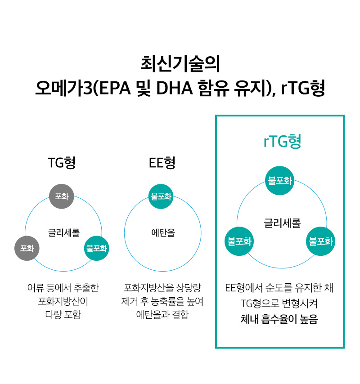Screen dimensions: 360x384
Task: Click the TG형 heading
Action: [62, 163]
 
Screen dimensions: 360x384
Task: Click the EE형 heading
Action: [162, 163]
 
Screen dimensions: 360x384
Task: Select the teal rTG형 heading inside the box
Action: [282, 141]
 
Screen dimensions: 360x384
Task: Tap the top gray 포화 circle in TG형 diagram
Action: [62, 196]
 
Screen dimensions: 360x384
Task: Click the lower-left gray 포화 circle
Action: [27, 248]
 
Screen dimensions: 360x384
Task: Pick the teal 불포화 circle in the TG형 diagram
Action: [97, 248]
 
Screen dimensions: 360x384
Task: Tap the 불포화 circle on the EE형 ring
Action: [161, 196]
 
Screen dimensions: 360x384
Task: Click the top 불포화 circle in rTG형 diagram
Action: [279, 181]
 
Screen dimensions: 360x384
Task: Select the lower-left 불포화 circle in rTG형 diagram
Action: [239, 241]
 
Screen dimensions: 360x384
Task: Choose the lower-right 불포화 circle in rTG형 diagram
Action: [320, 241]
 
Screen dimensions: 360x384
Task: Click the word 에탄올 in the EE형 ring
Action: [163, 232]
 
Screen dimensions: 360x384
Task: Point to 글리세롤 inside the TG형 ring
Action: [64, 232]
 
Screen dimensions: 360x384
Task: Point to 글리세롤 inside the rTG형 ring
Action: [282, 223]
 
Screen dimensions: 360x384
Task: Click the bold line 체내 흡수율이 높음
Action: [279, 319]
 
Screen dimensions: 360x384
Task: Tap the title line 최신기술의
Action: [180, 64]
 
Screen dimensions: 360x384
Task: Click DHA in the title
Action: [175, 88]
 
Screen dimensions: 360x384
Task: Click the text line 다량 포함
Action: [63, 315]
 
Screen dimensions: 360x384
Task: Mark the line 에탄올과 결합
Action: [162, 315]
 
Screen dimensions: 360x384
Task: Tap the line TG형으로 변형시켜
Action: [279, 304]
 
